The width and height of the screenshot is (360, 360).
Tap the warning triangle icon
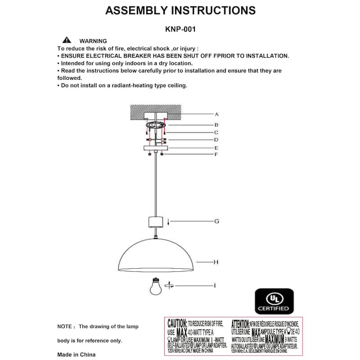(x=67, y=40)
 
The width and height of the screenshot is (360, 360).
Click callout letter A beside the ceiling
(x=216, y=114)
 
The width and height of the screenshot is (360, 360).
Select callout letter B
(x=216, y=125)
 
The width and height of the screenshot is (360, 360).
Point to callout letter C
(x=216, y=133)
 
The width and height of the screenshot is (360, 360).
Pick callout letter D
(x=216, y=140)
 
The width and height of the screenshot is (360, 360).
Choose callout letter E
(x=216, y=148)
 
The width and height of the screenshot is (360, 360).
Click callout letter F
(x=216, y=154)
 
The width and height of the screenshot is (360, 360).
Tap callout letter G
(x=216, y=221)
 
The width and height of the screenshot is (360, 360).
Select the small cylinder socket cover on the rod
(x=156, y=222)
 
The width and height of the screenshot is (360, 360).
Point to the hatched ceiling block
(x=156, y=111)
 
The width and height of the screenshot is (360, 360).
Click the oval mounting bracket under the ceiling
(x=156, y=125)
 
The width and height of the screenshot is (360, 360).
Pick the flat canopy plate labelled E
(x=156, y=148)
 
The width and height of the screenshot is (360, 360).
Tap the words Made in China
(x=76, y=355)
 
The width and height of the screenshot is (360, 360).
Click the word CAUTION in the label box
(x=177, y=324)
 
